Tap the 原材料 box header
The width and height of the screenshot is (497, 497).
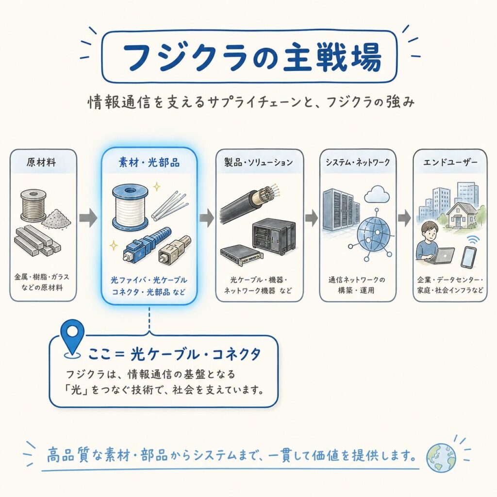(42, 163)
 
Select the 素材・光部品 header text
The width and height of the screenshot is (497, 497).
(149, 163)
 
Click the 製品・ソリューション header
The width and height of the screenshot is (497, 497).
(259, 163)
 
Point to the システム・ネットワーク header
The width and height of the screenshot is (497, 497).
(358, 163)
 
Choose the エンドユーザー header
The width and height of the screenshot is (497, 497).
(450, 163)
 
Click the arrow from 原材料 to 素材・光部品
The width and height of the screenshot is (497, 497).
(88, 217)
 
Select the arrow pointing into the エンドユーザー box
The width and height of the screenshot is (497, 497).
(404, 217)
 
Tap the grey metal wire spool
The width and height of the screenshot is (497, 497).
(33, 205)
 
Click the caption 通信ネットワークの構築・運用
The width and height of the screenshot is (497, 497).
(357, 284)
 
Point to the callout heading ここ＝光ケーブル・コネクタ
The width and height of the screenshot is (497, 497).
(174, 354)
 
